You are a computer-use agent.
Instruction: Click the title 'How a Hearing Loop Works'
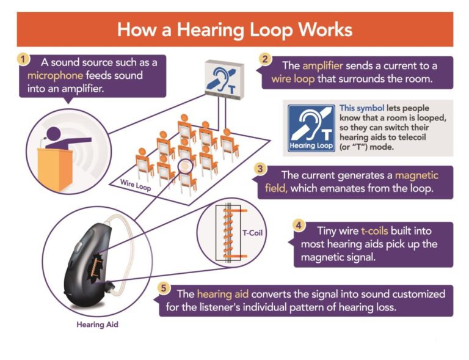click(234, 29)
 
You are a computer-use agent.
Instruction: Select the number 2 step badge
click(265, 60)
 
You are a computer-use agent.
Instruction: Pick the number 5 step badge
click(163, 287)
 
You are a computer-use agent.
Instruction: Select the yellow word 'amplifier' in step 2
click(323, 66)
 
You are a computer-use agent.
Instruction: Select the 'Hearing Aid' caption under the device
click(97, 325)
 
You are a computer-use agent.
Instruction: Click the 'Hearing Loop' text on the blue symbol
click(311, 146)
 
